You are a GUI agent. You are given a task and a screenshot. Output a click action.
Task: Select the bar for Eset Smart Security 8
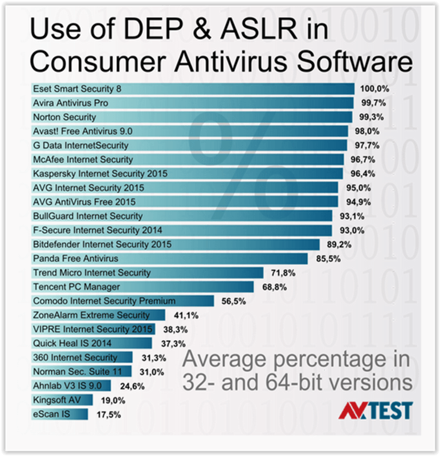(x=193, y=88)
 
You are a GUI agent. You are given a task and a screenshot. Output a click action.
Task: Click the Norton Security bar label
(x=65, y=117)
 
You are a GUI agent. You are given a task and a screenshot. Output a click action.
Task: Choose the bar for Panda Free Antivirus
(x=170, y=258)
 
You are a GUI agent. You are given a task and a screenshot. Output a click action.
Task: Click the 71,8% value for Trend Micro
(x=283, y=273)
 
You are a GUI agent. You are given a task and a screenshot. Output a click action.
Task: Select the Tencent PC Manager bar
(x=145, y=287)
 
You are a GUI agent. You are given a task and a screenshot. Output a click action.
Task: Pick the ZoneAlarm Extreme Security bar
(x=98, y=315)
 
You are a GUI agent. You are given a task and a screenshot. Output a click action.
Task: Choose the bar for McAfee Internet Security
(x=187, y=159)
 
